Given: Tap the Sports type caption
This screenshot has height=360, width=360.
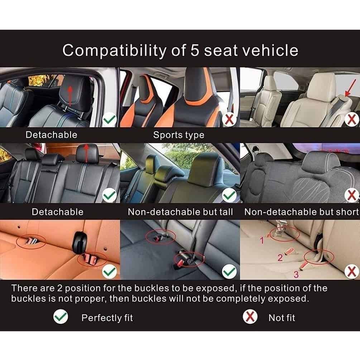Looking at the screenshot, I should pyautogui.click(x=178, y=135).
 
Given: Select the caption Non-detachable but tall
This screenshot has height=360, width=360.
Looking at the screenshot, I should pyautogui.click(x=180, y=212).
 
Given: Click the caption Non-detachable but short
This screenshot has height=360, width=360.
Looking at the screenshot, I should pyautogui.click(x=302, y=212).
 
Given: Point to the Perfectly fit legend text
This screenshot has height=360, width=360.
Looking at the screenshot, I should pyautogui.click(x=107, y=317).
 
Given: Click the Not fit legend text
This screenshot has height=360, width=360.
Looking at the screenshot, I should pyautogui.click(x=282, y=317).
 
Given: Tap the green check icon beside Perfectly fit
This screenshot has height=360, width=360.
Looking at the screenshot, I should pyautogui.click(x=61, y=317).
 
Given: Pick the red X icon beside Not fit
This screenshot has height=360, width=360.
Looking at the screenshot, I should pyautogui.click(x=250, y=317).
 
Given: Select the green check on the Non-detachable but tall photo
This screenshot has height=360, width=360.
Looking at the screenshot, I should pyautogui.click(x=229, y=196).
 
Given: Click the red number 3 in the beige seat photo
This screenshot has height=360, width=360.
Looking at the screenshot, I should pyautogui.click(x=296, y=275).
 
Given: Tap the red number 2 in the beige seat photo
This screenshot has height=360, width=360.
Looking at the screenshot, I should pyautogui.click(x=280, y=258).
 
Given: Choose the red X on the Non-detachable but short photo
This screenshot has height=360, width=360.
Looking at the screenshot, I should pyautogui.click(x=352, y=196).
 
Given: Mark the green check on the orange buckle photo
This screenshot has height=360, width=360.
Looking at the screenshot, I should pyautogui.click(x=110, y=272).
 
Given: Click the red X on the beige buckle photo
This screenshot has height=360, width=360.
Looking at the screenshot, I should pyautogui.click(x=352, y=272).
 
